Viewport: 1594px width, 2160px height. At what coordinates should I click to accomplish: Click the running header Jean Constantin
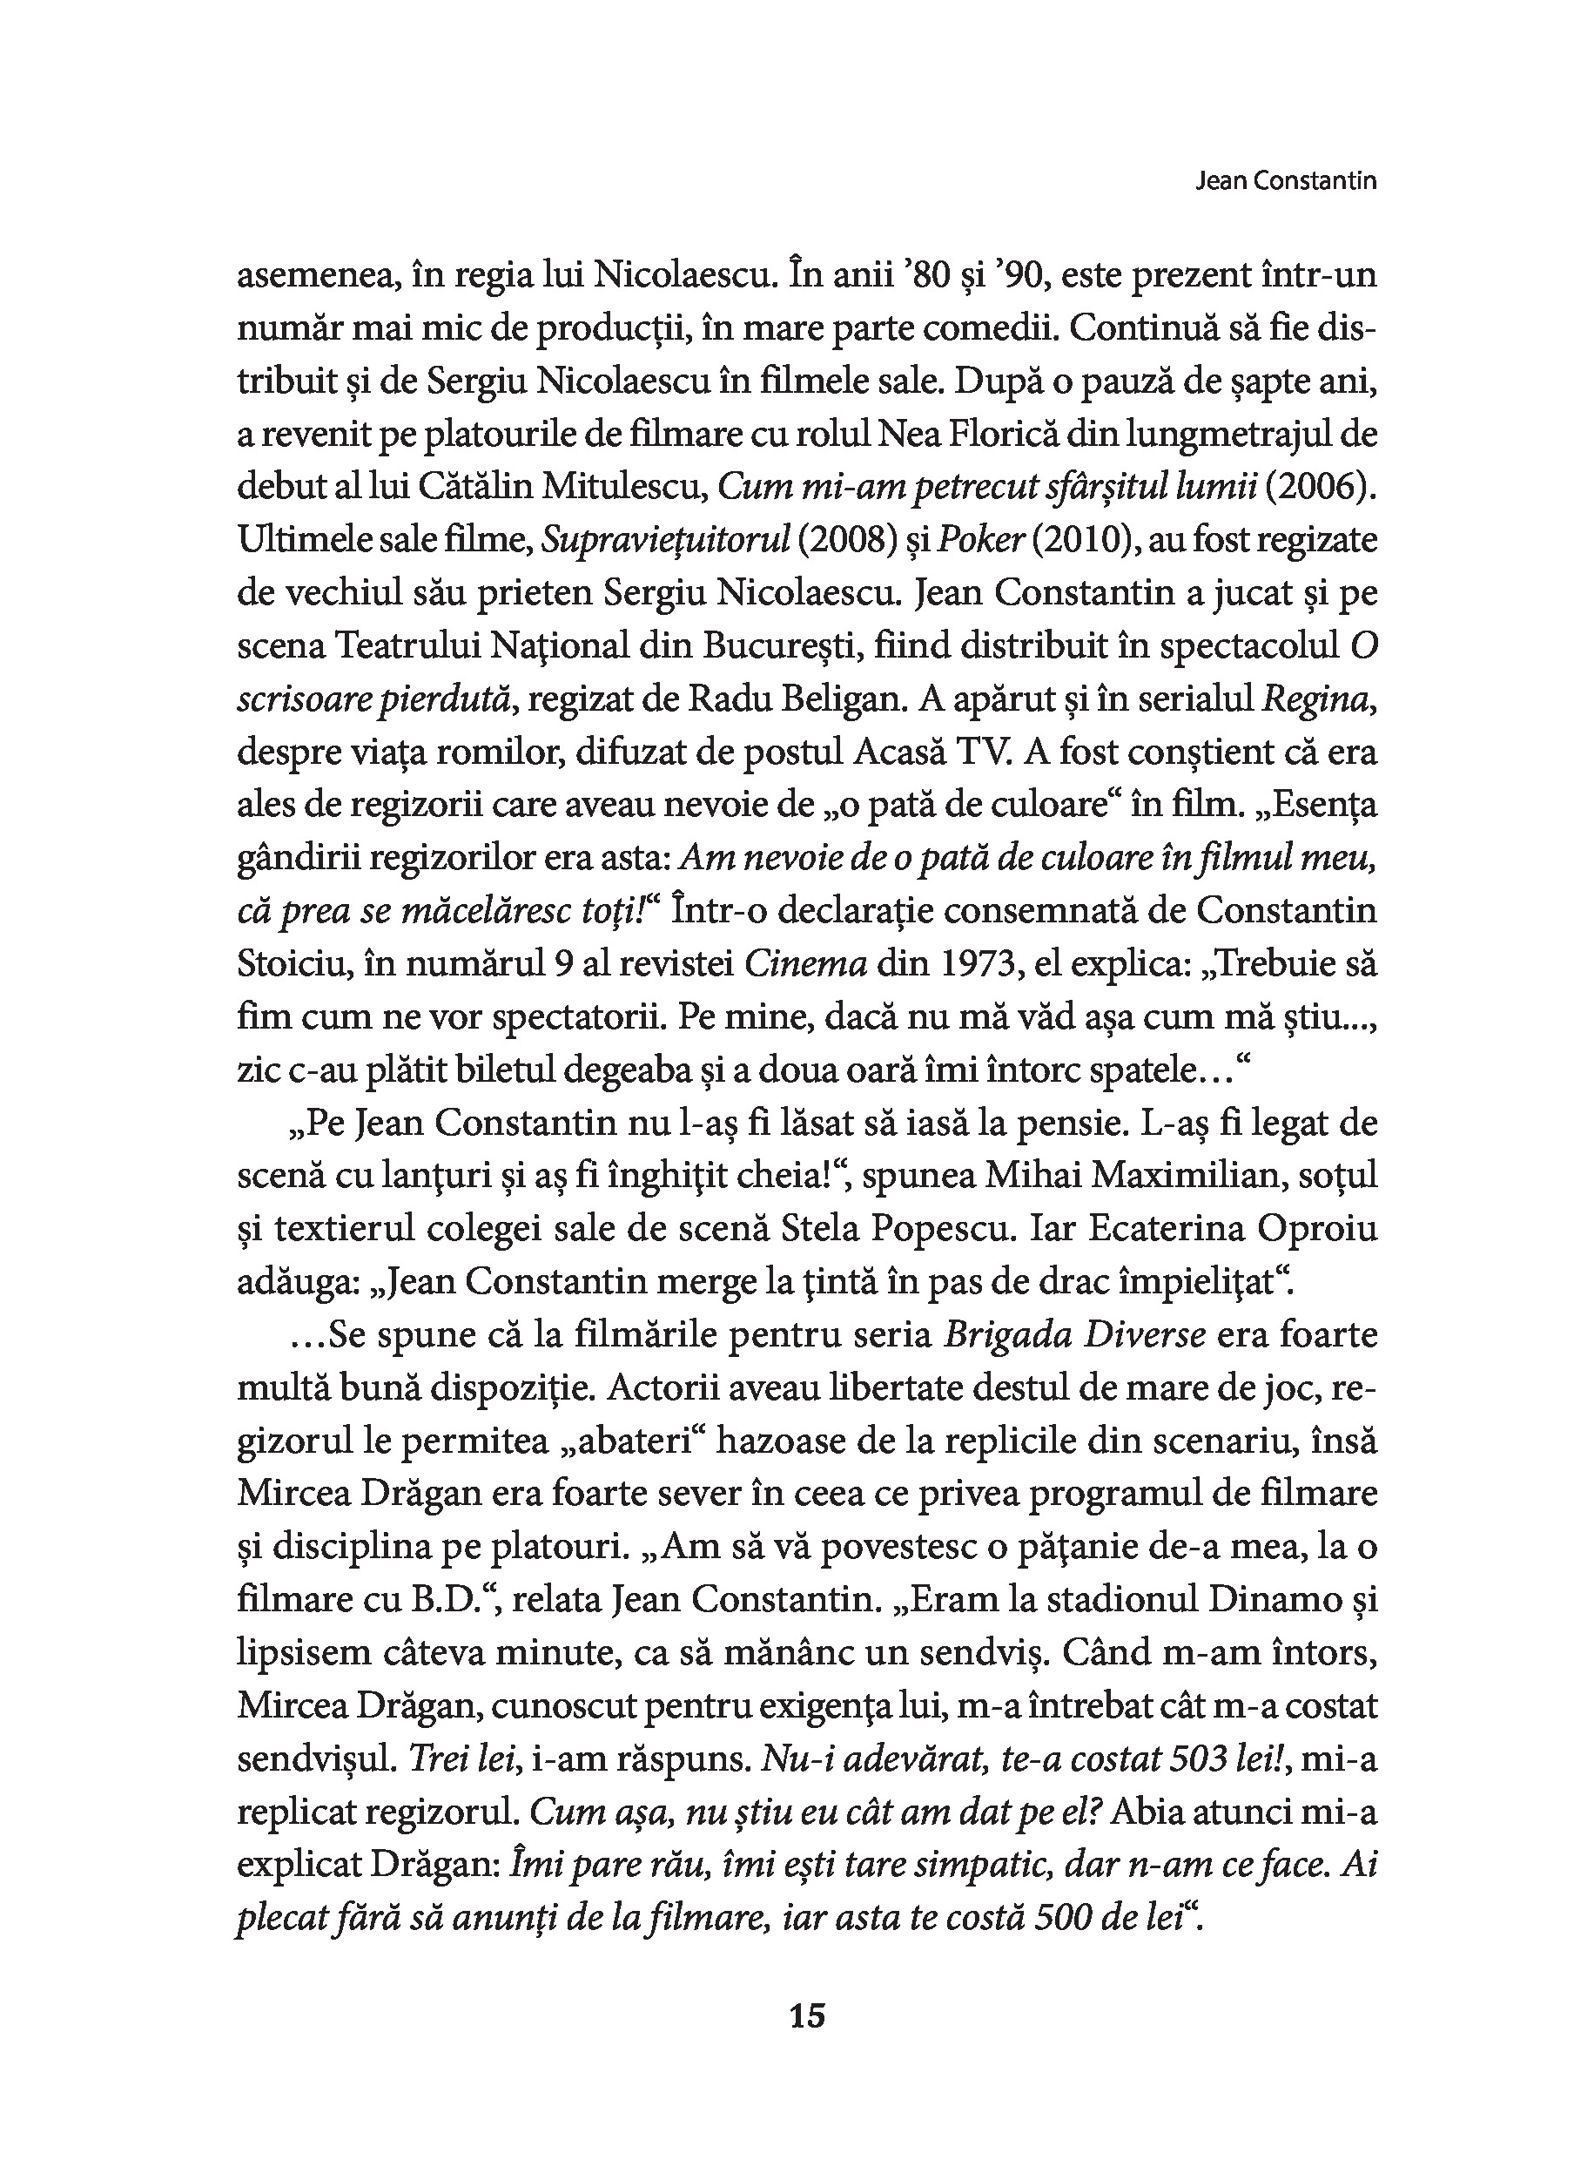(x=1285, y=181)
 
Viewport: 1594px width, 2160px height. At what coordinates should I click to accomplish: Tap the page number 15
(x=808, y=2016)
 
